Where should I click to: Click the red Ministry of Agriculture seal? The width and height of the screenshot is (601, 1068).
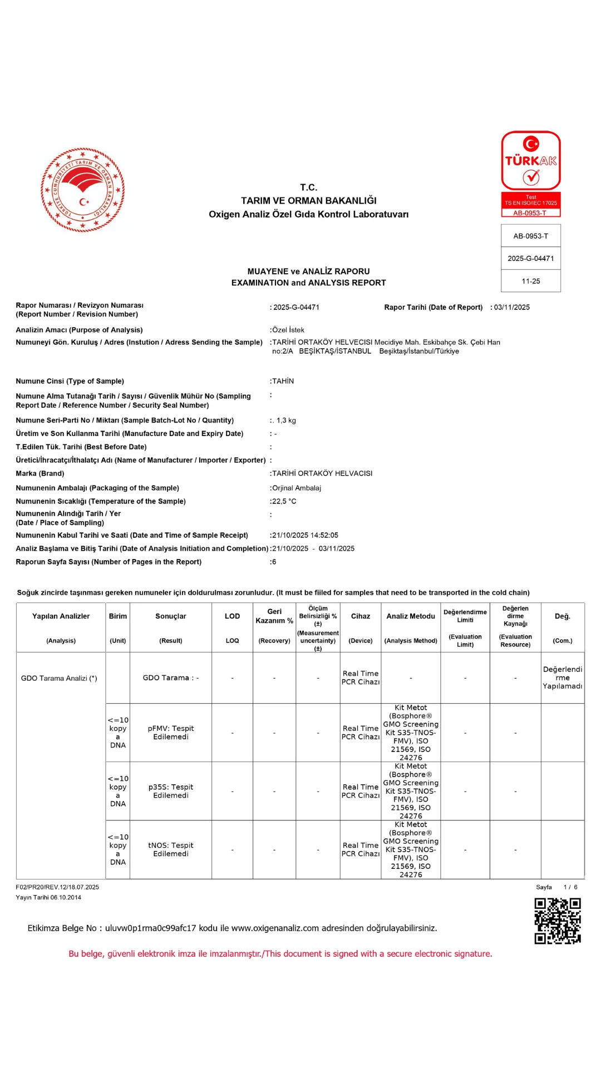pyautogui.click(x=83, y=190)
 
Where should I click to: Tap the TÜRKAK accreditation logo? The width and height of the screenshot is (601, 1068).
pyautogui.click(x=531, y=161)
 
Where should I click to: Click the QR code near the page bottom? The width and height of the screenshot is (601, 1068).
pyautogui.click(x=557, y=921)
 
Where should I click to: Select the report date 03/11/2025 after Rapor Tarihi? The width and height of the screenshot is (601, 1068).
pyautogui.click(x=512, y=307)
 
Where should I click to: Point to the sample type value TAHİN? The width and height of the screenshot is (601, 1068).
pyautogui.click(x=283, y=381)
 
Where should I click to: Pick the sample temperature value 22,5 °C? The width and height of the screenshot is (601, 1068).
pyautogui.click(x=284, y=501)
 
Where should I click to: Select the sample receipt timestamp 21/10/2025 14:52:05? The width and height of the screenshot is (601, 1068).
pyautogui.click(x=305, y=535)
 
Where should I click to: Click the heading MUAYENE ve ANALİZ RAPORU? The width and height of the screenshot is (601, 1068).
pyautogui.click(x=308, y=271)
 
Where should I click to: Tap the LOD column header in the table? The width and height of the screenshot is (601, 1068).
pyautogui.click(x=232, y=616)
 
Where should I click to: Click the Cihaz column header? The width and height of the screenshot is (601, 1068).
pyautogui.click(x=360, y=616)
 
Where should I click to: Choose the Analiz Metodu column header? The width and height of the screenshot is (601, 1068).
pyautogui.click(x=411, y=616)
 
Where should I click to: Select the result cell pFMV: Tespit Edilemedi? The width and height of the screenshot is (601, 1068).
pyautogui.click(x=171, y=733)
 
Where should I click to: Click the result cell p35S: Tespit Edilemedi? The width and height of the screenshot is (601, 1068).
pyautogui.click(x=171, y=791)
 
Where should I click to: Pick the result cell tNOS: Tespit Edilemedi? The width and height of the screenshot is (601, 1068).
pyautogui.click(x=171, y=849)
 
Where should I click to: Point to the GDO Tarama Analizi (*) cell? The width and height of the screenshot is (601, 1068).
pyautogui.click(x=59, y=678)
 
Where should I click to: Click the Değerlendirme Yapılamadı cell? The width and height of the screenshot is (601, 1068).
pyautogui.click(x=563, y=678)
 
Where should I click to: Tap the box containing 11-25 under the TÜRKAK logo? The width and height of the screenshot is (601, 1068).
pyautogui.click(x=531, y=281)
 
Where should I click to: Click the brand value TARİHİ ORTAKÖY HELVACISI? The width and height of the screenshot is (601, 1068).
pyautogui.click(x=322, y=473)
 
